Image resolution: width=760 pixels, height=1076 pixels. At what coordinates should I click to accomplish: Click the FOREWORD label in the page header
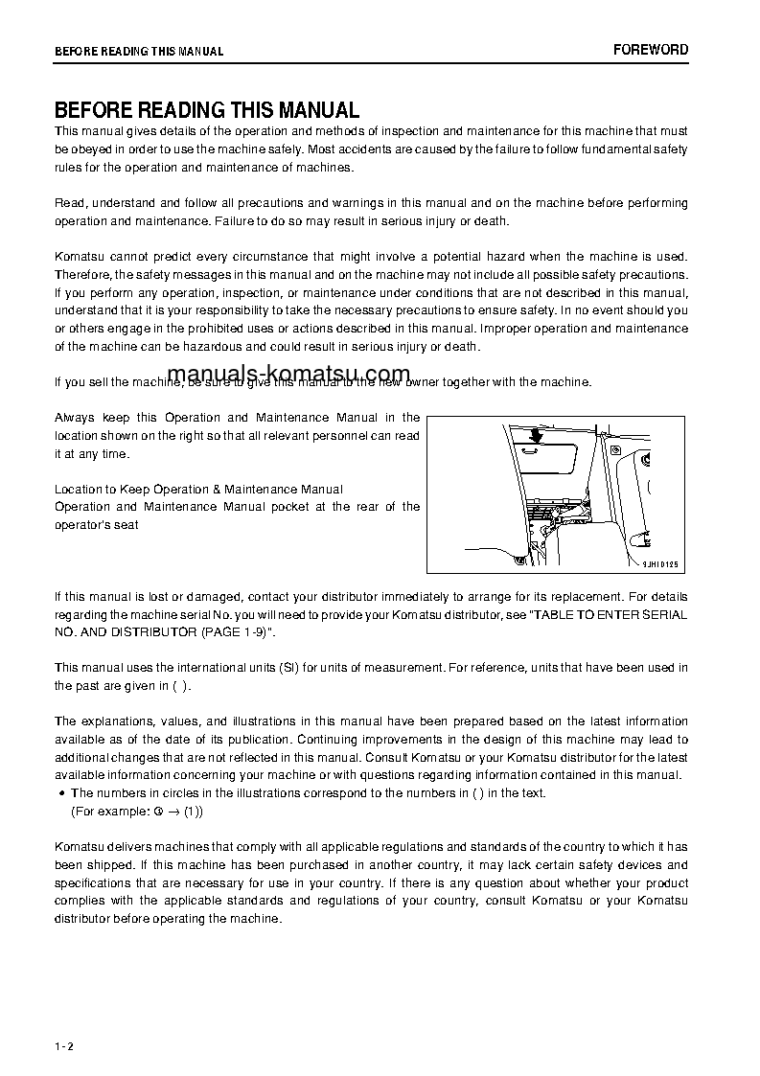pyautogui.click(x=651, y=50)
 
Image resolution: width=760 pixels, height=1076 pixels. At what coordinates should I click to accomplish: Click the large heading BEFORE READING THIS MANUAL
pyautogui.click(x=207, y=110)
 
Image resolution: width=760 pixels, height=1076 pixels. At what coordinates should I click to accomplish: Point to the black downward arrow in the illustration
pyautogui.click(x=535, y=433)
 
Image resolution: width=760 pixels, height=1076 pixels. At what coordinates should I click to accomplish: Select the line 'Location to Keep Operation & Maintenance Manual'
pyautogui.click(x=198, y=490)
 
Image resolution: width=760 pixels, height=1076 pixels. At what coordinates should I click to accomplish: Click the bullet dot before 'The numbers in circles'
pyautogui.click(x=61, y=793)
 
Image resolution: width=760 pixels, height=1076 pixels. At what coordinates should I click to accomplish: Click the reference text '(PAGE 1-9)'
pyautogui.click(x=237, y=632)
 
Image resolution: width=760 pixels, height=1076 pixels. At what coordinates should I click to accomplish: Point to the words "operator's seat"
pyautogui.click(x=97, y=524)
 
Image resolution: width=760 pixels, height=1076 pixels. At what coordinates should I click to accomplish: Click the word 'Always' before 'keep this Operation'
pyautogui.click(x=74, y=418)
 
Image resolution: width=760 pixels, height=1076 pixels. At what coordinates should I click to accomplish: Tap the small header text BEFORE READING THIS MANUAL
pyautogui.click(x=139, y=52)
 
